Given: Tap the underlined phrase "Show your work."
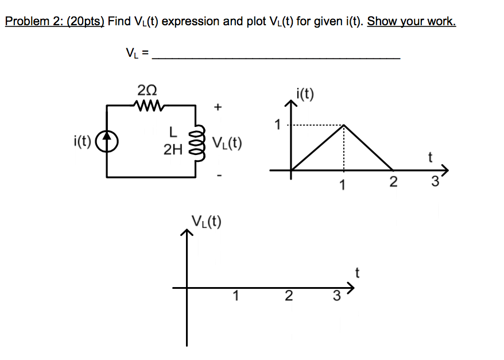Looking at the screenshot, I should click(x=411, y=22).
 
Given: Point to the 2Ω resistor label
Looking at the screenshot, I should click(x=147, y=90).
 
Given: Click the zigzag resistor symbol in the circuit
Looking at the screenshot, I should click(x=148, y=105).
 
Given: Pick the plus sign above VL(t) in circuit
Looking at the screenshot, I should click(x=218, y=107).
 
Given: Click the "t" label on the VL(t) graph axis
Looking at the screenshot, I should click(x=357, y=273).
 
